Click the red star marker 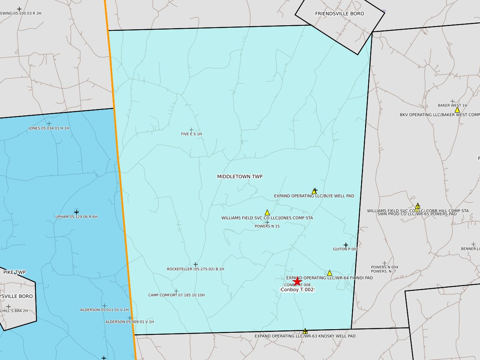(297, 281)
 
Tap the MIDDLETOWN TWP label (240, 177)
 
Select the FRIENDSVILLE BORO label (339, 13)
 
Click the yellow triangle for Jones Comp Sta (267, 213)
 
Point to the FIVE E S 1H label (192, 134)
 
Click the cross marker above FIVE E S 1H (191, 130)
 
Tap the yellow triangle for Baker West (457, 110)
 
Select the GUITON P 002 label (345, 249)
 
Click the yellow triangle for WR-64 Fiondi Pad (329, 273)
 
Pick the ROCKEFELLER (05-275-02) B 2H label (196, 269)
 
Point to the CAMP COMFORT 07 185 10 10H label (176, 295)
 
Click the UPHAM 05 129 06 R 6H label (76, 217)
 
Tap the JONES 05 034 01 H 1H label (49, 128)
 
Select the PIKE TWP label (15, 272)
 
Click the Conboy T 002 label (297, 290)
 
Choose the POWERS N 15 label (267, 226)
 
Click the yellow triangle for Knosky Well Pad (305, 331)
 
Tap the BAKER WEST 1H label (452, 106)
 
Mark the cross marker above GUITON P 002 (346, 245)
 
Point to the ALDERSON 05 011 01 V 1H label (104, 310)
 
